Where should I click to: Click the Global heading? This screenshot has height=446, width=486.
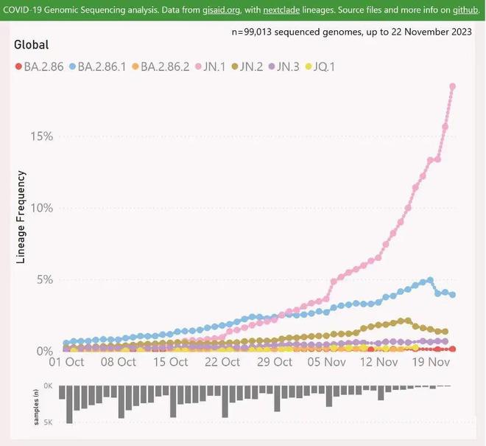32,45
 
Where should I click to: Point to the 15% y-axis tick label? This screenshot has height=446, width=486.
41,136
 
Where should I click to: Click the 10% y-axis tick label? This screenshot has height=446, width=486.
41,208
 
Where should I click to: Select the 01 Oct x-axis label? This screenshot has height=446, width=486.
66,362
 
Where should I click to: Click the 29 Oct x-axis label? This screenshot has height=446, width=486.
274,362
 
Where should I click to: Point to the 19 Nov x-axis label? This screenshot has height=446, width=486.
430,362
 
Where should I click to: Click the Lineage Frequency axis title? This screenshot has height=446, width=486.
21,217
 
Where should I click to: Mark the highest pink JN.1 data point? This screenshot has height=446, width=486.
452,87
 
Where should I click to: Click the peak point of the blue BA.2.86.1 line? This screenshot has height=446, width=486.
431,281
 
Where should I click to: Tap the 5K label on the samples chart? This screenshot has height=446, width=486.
48,423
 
